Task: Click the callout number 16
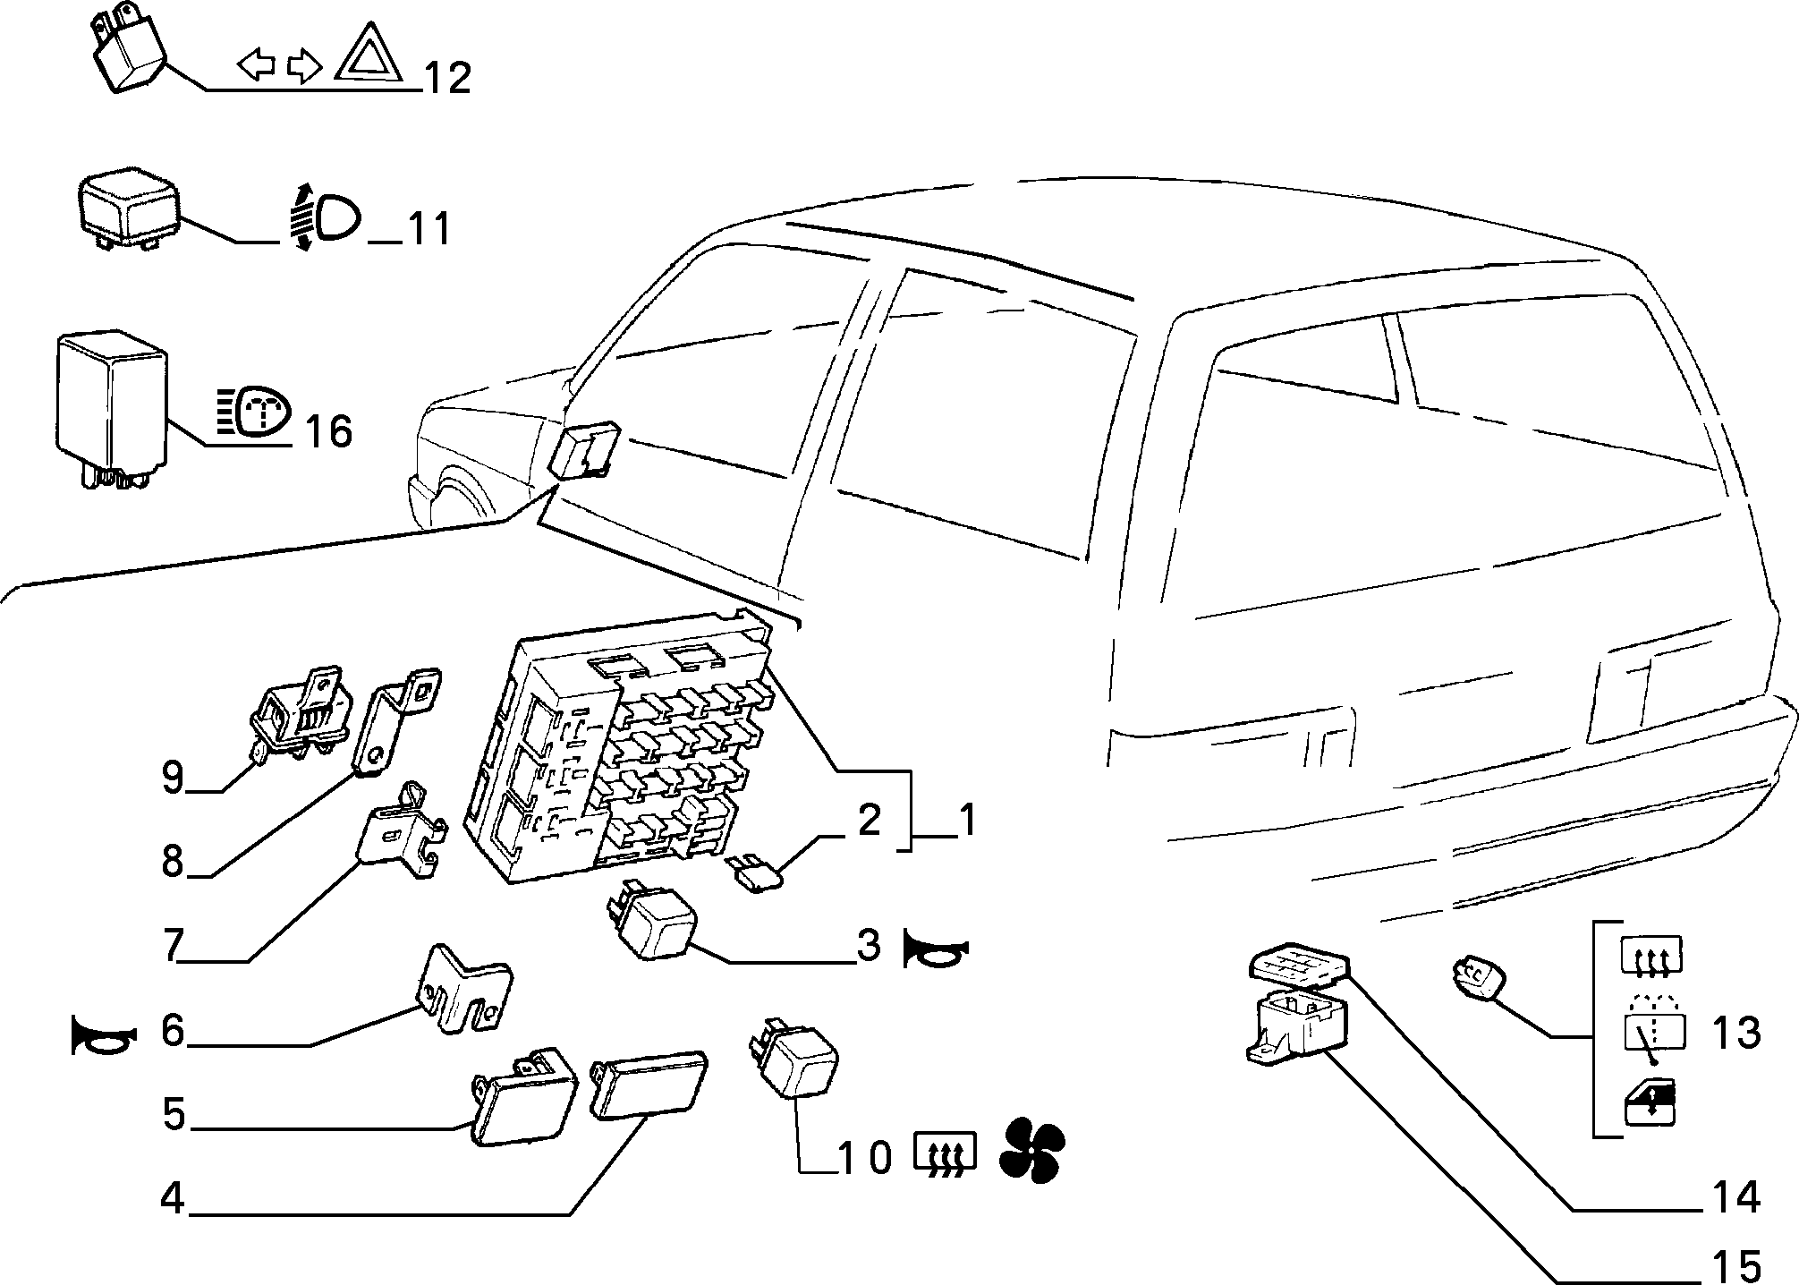tap(328, 431)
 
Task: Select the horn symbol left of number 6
tap(105, 1036)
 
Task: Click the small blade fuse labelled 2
tap(756, 874)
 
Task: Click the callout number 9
tap(174, 778)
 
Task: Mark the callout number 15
tap(1736, 1265)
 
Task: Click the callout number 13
tap(1736, 1033)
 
